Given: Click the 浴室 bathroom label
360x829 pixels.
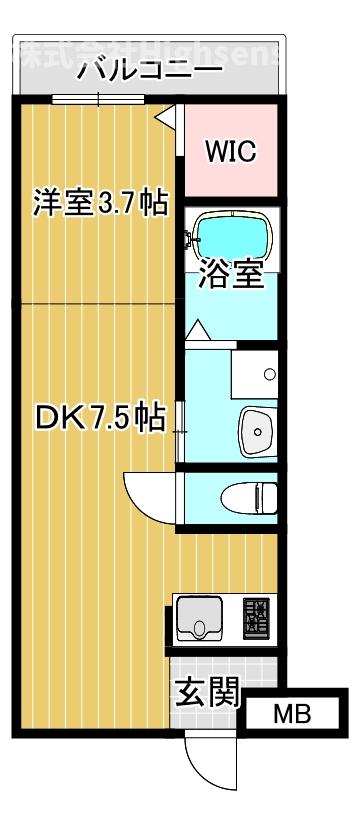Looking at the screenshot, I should tap(230, 274).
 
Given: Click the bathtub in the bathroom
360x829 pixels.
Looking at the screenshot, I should tap(231, 236).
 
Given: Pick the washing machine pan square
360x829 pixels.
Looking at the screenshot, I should tap(254, 373).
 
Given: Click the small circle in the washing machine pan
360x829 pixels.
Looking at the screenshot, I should tap(268, 375).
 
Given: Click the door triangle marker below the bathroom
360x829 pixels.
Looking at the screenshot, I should tap(196, 329).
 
